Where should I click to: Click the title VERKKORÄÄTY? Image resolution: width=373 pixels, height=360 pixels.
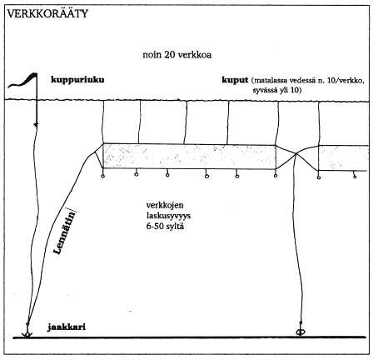coord(47,13)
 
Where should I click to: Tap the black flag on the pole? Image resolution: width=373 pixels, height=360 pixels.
coord(23,81)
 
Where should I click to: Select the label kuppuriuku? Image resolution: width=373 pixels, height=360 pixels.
coord(77,80)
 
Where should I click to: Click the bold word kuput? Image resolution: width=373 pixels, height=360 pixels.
coord(235,80)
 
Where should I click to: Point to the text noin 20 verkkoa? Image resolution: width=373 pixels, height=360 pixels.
coord(177,54)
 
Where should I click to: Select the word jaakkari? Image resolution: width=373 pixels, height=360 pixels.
coord(67,327)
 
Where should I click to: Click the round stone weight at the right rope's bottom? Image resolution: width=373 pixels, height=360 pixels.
coord(301,332)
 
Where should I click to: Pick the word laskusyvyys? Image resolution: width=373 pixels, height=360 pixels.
coord(168,216)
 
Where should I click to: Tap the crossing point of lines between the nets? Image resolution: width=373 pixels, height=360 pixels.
coord(296,153)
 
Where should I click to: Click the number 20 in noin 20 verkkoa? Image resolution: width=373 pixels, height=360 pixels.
coord(169,55)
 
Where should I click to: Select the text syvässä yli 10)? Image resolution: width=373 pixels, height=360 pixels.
coord(276,90)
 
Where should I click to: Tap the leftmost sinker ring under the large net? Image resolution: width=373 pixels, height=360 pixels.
coord(102,176)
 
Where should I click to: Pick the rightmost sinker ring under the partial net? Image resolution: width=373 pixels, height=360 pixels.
coord(355,176)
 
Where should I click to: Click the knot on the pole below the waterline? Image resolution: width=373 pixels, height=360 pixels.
coord(36,124)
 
